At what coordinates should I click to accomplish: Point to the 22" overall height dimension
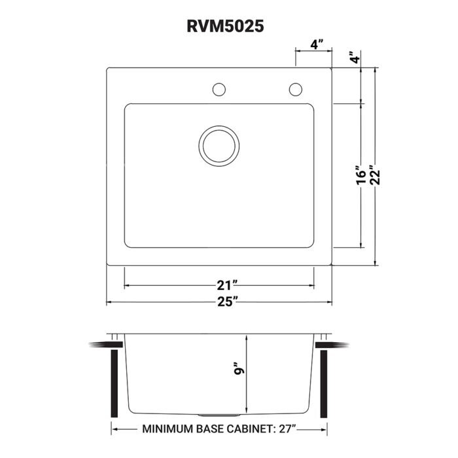375,176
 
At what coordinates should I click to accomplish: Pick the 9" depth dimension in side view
240,370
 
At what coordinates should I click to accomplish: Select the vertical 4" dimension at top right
354,57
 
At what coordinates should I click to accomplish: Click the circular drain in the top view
217,145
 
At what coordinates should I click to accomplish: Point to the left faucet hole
219,89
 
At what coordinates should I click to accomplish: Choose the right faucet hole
296,89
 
